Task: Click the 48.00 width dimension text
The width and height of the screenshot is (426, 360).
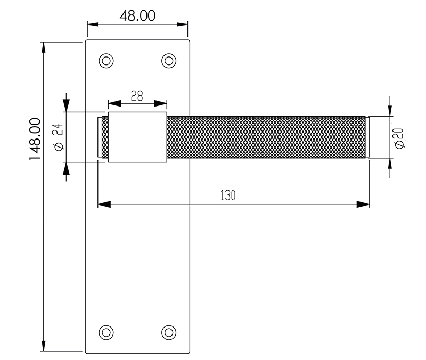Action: [x=137, y=15]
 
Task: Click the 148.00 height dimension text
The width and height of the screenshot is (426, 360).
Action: [x=36, y=140]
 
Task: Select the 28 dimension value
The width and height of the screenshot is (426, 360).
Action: [x=137, y=96]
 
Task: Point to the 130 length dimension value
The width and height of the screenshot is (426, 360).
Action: [x=228, y=195]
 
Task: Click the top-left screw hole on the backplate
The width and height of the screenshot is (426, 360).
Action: [x=106, y=61]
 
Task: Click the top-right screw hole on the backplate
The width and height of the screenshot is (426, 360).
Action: [x=169, y=61]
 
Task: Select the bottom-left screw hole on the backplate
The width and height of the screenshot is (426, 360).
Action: [x=106, y=332]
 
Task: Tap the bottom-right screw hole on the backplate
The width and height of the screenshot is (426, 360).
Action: [x=169, y=332]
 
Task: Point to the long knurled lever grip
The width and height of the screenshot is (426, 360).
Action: [x=266, y=137]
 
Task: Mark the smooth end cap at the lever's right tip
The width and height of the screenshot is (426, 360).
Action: [x=368, y=137]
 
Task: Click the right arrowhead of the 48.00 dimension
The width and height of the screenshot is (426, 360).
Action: [x=183, y=24]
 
